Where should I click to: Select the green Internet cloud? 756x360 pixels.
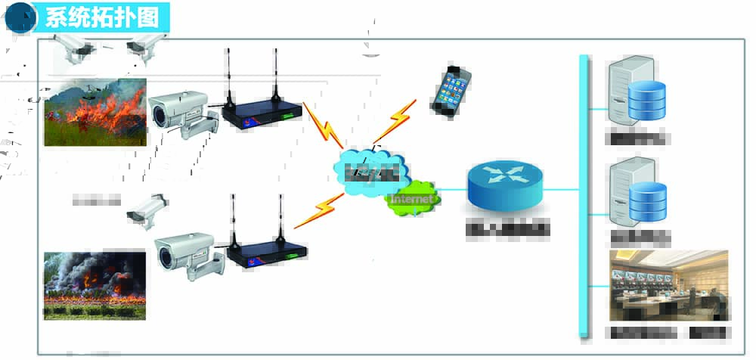pos(413,198)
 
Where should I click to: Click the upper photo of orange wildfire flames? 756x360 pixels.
pos(95,111)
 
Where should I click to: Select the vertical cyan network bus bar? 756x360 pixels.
pos(583,197)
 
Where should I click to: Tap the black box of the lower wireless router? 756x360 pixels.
pos(267,253)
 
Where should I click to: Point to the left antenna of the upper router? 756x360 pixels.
pos(226,76)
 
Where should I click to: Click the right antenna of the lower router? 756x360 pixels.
pos(281,219)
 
